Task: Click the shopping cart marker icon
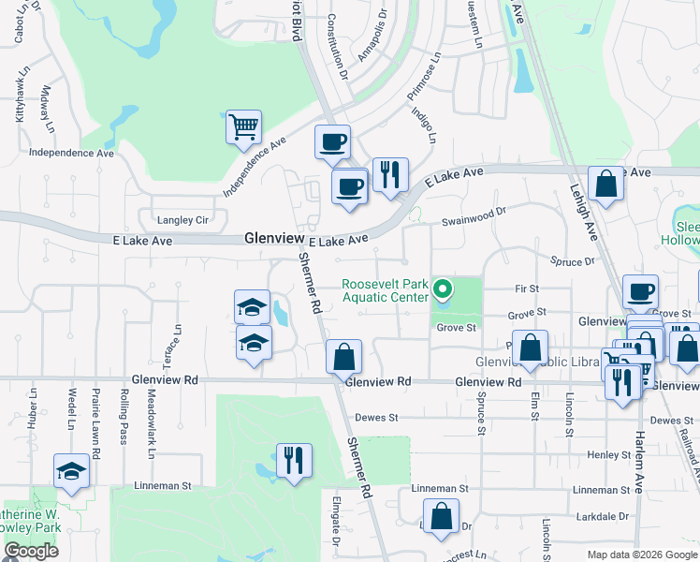click(x=243, y=126)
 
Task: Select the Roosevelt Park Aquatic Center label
click(x=386, y=290)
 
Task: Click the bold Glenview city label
click(x=270, y=239)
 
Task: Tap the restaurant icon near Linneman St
click(x=294, y=461)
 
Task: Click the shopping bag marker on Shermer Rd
click(x=344, y=356)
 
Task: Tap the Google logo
click(x=31, y=551)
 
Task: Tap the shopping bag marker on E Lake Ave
click(x=605, y=184)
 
